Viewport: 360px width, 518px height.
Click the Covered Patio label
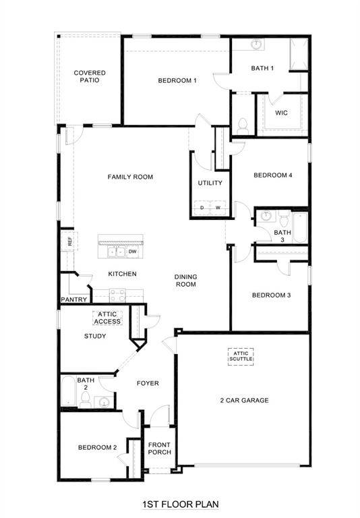[x=89, y=76]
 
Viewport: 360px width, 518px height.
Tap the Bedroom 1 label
[x=177, y=81]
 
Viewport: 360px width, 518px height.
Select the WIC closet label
[x=281, y=113]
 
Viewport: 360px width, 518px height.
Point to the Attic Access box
[x=108, y=318]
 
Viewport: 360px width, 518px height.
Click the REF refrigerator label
[x=69, y=240]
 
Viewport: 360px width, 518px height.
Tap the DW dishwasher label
[x=133, y=252]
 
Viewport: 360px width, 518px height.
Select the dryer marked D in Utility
[x=202, y=208]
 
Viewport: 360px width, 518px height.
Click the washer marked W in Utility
[x=218, y=208]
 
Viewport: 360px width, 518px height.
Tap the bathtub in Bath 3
[x=299, y=228]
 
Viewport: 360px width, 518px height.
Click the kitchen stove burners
[x=117, y=294]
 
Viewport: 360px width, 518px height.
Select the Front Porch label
[x=160, y=449]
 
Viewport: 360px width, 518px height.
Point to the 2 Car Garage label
[x=244, y=401]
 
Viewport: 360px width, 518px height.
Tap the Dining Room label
[x=185, y=280]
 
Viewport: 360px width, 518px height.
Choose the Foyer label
[x=148, y=383]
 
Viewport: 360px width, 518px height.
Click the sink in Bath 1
[x=258, y=45]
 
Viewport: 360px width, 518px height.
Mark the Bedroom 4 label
[x=273, y=175]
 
